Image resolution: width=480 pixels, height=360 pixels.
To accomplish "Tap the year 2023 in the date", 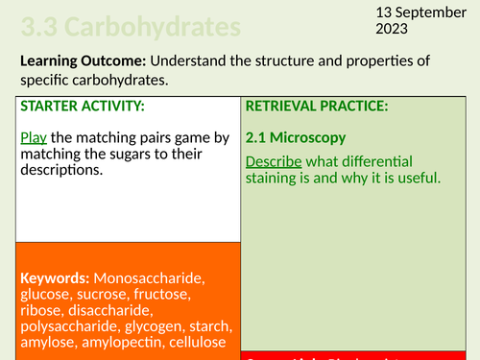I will point(387,29).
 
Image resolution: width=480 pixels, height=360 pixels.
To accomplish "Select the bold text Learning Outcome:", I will point(80,61).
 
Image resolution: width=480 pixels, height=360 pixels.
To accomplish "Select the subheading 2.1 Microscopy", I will point(295,137).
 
